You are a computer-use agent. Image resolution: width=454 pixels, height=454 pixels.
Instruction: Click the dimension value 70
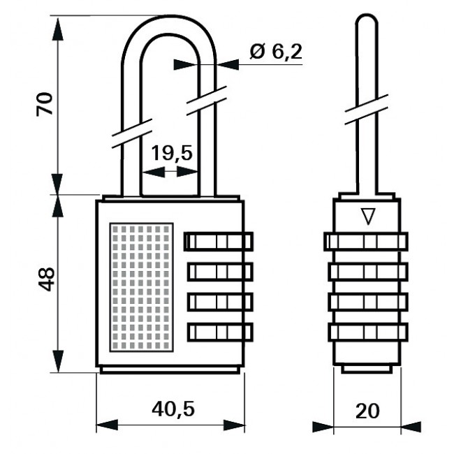pos(45,104)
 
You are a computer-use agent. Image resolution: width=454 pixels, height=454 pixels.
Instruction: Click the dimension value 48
pos(46,279)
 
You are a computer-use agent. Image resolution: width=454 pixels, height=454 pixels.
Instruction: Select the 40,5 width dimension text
pos(173,409)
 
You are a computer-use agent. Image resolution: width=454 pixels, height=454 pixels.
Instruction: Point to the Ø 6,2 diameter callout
pos(276,52)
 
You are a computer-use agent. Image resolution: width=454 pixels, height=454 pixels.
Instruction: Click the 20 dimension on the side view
pos(367,411)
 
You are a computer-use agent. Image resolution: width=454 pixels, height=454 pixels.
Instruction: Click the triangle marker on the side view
pos(368,217)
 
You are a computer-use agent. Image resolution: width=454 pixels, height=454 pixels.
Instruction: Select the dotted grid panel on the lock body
pos(142,287)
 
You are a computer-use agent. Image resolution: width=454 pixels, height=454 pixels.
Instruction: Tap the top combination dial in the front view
pos(219,242)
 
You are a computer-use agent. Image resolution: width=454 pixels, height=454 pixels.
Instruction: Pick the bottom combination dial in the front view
pos(220,332)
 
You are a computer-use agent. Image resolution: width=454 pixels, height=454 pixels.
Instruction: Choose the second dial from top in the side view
pos(368,272)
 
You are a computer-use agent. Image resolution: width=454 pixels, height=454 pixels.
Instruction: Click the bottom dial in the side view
pos(368,332)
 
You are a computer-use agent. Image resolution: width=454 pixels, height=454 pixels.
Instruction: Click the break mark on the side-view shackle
pos(366,110)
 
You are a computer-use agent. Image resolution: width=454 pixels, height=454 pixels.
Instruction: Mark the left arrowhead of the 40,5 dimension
pos(107,425)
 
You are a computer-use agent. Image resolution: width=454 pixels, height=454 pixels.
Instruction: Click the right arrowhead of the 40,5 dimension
pos(234,425)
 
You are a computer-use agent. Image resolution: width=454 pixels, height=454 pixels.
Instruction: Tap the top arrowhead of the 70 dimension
pos(57,29)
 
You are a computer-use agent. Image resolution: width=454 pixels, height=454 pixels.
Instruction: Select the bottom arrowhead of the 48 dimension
pos(57,361)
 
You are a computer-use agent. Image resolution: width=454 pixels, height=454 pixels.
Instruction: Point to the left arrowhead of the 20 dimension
pos(323,427)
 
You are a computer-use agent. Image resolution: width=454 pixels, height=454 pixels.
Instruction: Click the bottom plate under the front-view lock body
pos(170,370)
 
